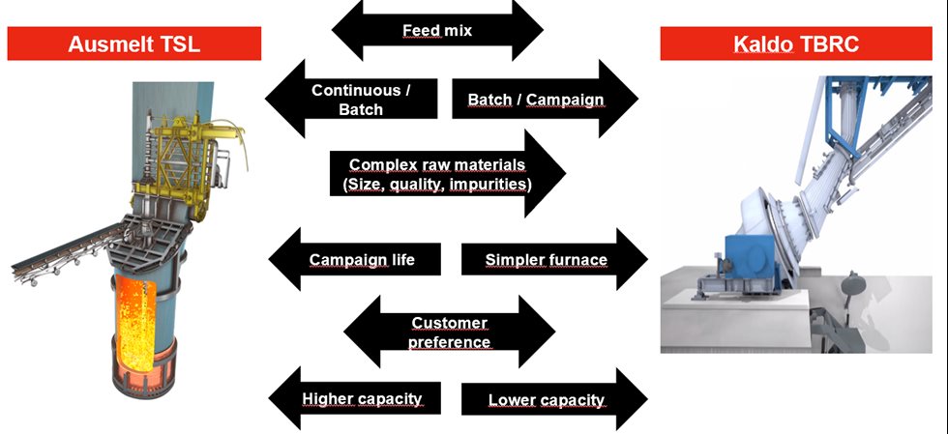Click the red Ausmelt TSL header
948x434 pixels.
(x=134, y=43)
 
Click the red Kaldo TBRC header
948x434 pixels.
(x=803, y=43)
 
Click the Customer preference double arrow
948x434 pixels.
(x=448, y=332)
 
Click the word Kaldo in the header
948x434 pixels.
(x=767, y=43)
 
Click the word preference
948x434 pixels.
(x=448, y=341)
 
